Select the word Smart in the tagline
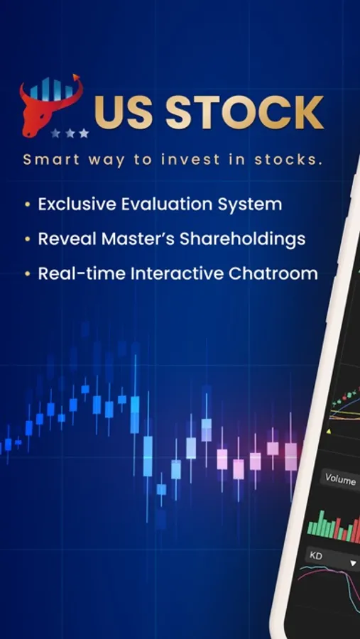click(x=46, y=159)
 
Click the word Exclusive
click(x=76, y=204)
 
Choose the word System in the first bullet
click(x=249, y=204)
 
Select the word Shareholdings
click(x=243, y=239)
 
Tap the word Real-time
click(x=76, y=273)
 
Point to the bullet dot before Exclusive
click(x=27, y=204)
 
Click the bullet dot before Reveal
click(x=27, y=239)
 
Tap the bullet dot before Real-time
click(x=27, y=273)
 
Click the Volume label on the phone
click(x=340, y=479)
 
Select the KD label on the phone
click(x=317, y=556)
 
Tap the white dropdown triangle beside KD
click(x=353, y=562)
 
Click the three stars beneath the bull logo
click(x=69, y=133)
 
